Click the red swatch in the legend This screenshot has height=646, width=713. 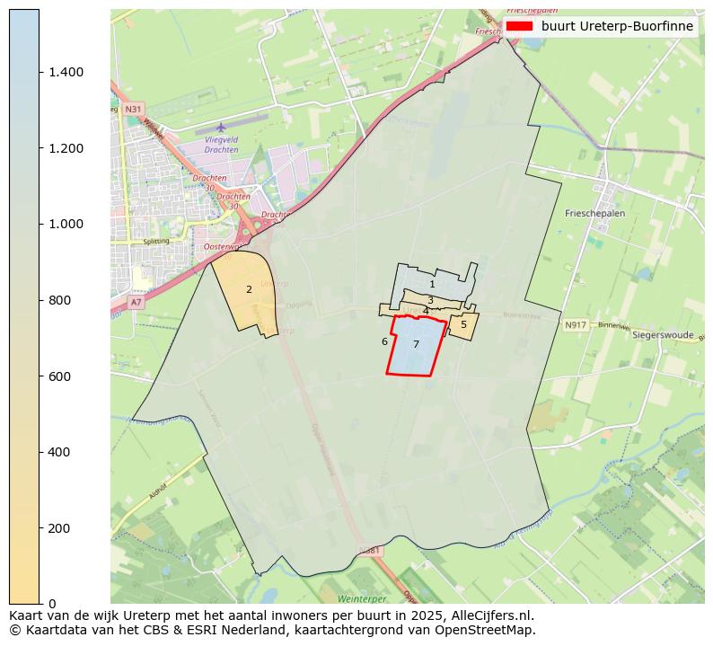[x=520, y=26]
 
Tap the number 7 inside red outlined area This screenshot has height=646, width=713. [x=416, y=344]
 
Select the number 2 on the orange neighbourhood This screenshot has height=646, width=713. [x=249, y=289]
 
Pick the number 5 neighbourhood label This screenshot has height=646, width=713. [x=463, y=324]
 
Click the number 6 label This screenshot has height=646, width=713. [x=384, y=341]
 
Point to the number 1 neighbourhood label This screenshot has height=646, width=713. [x=432, y=284]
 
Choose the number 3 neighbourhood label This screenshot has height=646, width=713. [x=430, y=300]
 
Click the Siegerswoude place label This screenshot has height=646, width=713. [x=664, y=334]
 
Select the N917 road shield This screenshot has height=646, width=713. [x=576, y=324]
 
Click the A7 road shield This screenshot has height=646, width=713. [x=136, y=303]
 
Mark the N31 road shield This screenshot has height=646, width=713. [x=133, y=109]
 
